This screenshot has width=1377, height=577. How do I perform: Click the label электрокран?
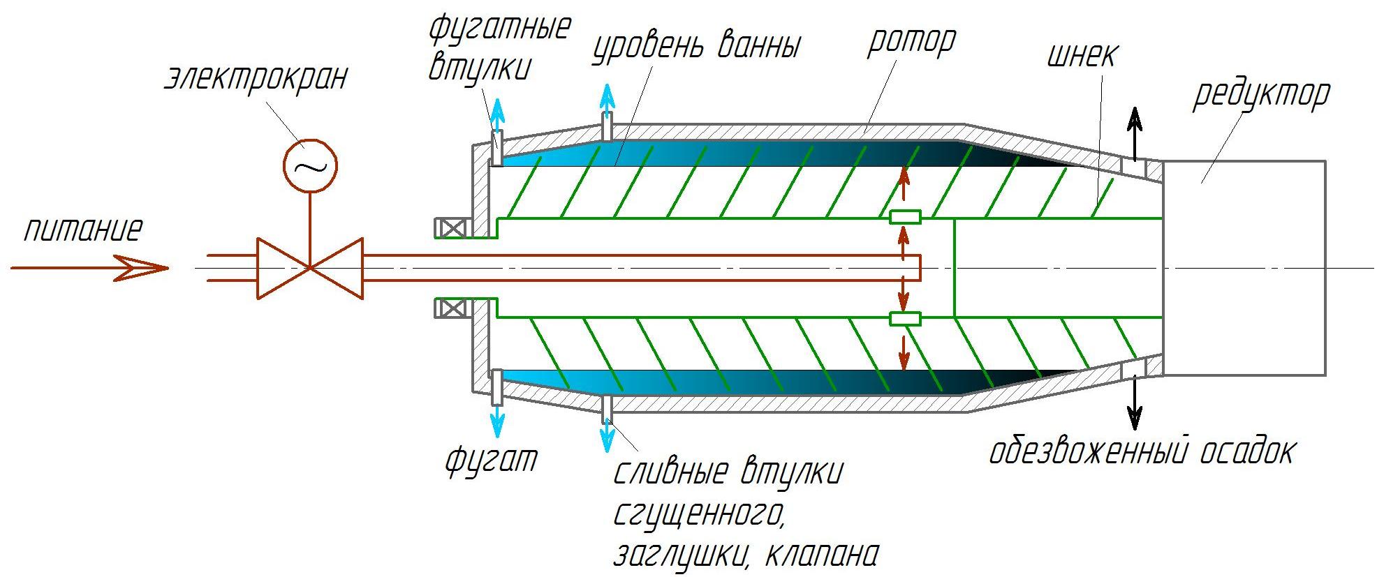click(256, 77)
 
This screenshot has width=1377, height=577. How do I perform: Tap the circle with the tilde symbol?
click(310, 165)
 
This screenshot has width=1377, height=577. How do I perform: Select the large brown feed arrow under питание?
click(89, 268)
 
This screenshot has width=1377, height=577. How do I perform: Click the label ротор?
click(911, 42)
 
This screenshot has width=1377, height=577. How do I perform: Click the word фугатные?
click(499, 28)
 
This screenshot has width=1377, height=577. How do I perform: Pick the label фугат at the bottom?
click(492, 460)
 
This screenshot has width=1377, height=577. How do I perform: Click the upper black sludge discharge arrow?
click(1135, 134)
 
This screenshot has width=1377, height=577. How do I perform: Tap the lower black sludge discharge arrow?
click(1135, 403)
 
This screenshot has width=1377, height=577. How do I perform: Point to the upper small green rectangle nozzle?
click(905, 217)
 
